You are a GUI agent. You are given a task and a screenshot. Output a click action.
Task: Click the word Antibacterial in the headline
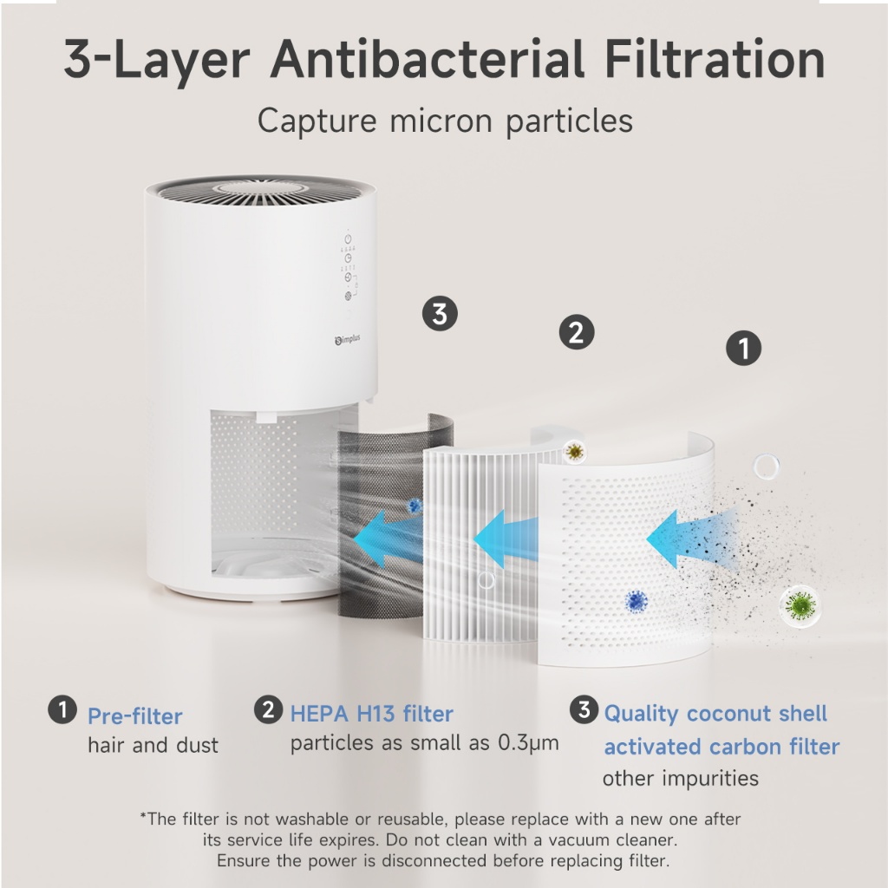click(427, 59)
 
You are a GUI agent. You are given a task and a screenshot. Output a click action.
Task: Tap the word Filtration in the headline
click(715, 59)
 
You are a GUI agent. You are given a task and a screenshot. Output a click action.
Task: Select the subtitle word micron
click(441, 121)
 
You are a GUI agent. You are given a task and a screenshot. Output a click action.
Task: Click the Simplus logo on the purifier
click(347, 339)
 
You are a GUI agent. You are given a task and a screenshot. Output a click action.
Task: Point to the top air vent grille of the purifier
click(260, 192)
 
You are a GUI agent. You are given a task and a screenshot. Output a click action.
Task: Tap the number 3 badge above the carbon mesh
click(440, 314)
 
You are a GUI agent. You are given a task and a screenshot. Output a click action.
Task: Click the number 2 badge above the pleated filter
click(577, 332)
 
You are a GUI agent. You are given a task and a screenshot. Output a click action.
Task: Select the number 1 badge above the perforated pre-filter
click(743, 348)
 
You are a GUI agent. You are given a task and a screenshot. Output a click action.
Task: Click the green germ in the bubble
click(800, 605)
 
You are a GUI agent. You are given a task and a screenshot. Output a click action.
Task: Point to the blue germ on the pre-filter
click(637, 601)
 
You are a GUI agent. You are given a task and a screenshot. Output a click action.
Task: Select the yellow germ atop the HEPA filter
click(575, 451)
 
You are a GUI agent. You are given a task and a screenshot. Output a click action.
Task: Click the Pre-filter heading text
click(134, 716)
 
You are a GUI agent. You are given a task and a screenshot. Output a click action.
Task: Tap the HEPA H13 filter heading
click(371, 714)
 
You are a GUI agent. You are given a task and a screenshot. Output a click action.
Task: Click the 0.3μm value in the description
click(528, 743)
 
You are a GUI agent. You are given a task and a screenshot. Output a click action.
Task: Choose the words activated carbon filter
click(721, 747)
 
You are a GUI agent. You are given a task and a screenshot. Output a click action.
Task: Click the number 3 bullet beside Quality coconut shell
click(584, 709)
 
